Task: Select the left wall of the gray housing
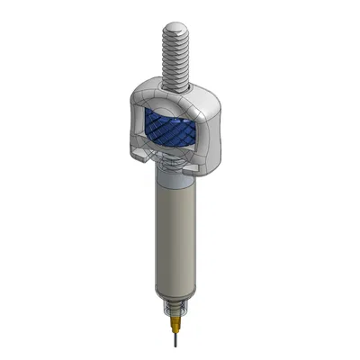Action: (x=138, y=126)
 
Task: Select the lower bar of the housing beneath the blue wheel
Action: (x=175, y=155)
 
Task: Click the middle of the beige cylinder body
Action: (x=176, y=238)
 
